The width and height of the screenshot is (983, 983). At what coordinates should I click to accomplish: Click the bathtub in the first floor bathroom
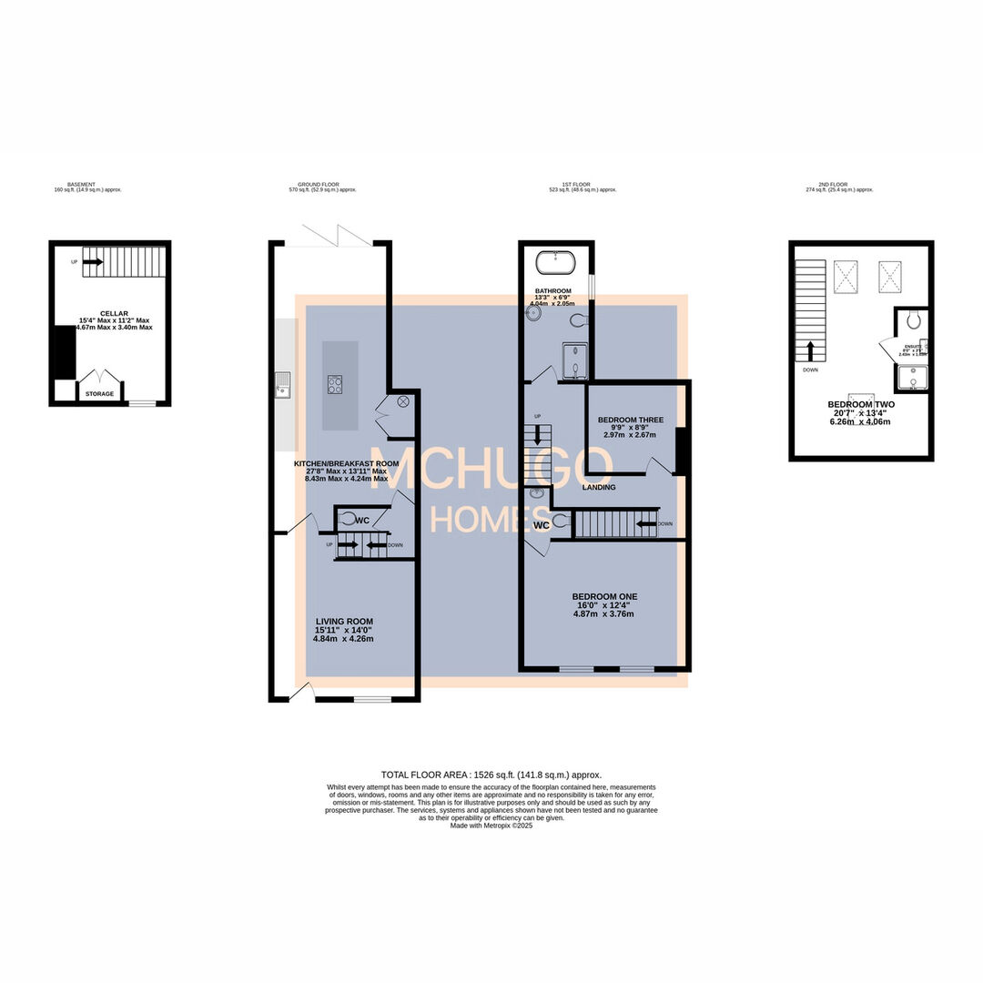(554, 263)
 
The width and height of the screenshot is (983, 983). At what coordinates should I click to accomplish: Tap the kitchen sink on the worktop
(283, 386)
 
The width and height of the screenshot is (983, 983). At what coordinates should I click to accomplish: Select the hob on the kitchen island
(335, 384)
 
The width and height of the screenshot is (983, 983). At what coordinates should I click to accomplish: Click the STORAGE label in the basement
(100, 394)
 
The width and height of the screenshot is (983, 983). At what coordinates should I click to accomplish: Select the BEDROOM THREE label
(630, 421)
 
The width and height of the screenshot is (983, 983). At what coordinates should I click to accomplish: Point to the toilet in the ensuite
(914, 319)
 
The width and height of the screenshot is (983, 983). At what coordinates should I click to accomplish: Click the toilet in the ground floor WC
(348, 519)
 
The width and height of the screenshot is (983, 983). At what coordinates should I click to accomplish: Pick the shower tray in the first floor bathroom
(575, 360)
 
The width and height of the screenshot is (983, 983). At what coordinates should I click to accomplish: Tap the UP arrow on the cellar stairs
(92, 261)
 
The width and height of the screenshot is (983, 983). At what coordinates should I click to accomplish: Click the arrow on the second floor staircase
(808, 350)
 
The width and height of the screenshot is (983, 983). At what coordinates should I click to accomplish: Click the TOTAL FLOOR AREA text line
(491, 775)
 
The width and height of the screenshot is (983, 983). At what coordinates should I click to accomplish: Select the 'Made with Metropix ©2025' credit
(491, 826)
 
